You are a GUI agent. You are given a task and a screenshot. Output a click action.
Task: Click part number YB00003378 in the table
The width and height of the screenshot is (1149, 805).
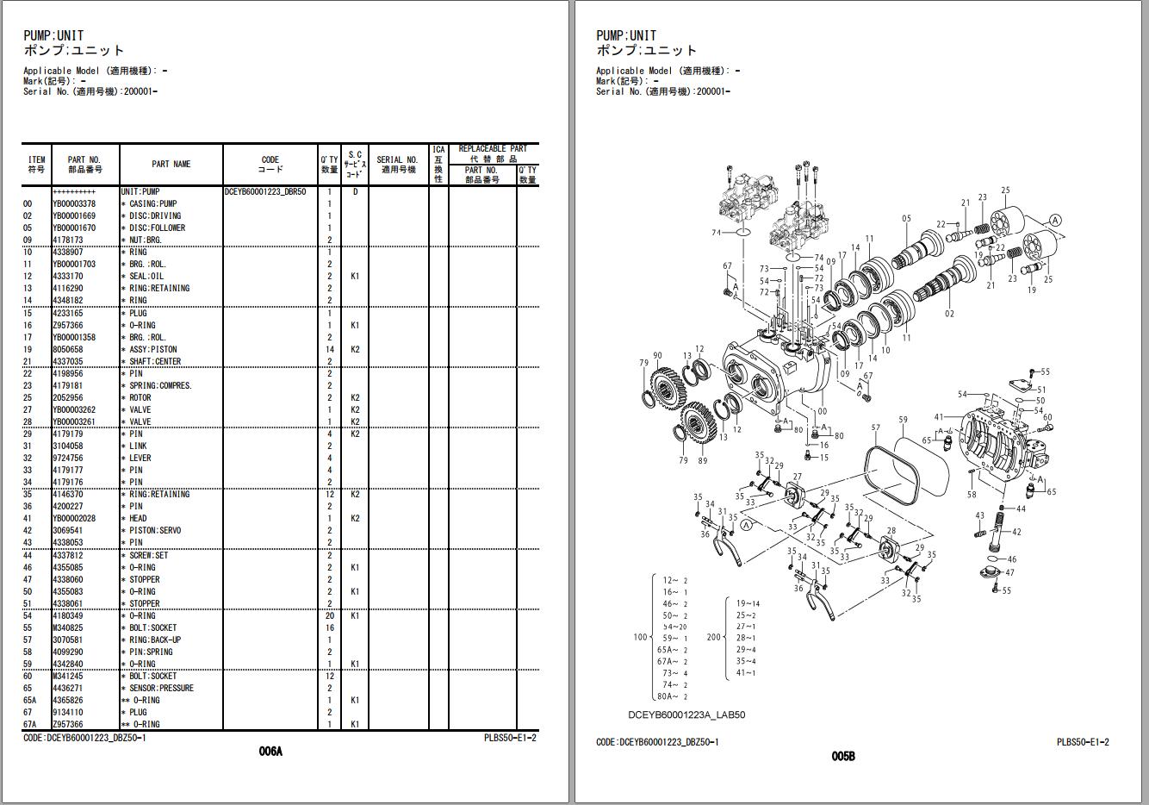tap(74, 204)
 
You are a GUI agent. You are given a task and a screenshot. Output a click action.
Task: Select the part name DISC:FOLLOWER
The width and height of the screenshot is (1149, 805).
tap(156, 228)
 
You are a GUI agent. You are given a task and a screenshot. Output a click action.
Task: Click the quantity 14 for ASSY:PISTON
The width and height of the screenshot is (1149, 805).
tap(329, 350)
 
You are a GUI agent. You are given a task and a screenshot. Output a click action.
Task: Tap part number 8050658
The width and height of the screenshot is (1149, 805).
tap(68, 350)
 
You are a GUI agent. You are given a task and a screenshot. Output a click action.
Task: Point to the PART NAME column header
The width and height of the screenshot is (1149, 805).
tap(171, 164)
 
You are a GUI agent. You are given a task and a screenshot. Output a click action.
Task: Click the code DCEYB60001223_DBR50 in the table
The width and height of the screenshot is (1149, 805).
tap(265, 192)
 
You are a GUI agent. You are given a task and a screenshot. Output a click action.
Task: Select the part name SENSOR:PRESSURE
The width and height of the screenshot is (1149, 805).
tap(161, 689)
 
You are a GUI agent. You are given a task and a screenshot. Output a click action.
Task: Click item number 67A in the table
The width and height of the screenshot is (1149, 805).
tap(30, 725)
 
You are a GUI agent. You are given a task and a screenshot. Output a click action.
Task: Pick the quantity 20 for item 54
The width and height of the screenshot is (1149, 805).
tap(329, 616)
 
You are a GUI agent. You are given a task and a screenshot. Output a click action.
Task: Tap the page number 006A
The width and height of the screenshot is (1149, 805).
tap(270, 752)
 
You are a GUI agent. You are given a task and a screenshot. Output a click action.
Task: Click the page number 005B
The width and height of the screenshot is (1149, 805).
tap(843, 757)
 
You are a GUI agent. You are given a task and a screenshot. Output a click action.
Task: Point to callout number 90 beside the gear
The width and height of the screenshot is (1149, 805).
tap(657, 356)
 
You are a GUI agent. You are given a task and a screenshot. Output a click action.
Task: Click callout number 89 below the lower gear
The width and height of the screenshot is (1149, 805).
tap(703, 461)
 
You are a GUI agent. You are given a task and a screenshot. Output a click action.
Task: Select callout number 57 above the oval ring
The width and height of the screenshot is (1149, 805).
tap(876, 427)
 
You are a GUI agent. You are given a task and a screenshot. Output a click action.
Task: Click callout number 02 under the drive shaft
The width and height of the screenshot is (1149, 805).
tap(949, 314)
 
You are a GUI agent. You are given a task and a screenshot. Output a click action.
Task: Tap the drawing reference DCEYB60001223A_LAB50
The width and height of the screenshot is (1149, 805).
tap(686, 715)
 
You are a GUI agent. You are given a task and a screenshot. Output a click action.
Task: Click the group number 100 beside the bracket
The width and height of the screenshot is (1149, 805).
tap(640, 637)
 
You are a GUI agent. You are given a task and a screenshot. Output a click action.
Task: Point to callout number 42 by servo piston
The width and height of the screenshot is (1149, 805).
tap(1017, 533)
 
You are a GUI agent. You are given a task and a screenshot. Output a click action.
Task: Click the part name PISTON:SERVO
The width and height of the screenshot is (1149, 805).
tap(155, 531)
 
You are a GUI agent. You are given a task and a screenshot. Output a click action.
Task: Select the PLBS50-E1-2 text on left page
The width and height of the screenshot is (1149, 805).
tap(510, 739)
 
